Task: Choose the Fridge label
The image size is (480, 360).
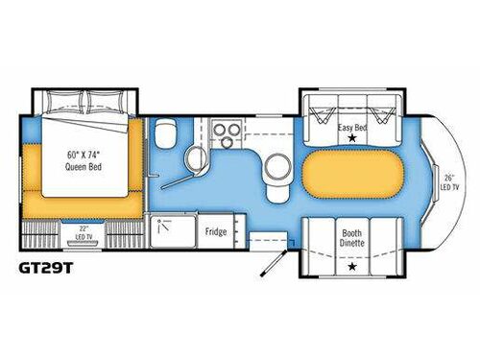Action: [215, 230]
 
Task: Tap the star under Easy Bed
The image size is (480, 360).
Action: [351, 139]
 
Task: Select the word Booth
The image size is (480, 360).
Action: [351, 230]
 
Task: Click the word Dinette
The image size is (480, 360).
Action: [351, 242]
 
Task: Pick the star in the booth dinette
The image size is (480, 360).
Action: [351, 266]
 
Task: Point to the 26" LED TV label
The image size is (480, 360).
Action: [448, 181]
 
